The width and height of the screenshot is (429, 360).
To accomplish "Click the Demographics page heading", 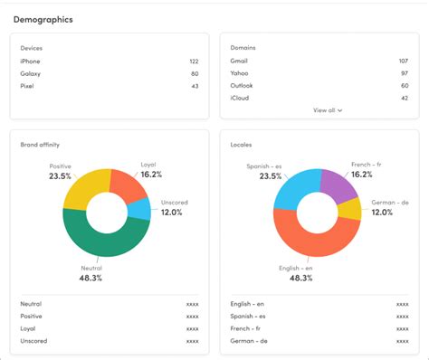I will click(43, 19).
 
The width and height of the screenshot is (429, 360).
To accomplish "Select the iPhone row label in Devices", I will click(30, 62).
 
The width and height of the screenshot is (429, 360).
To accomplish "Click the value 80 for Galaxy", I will click(194, 74).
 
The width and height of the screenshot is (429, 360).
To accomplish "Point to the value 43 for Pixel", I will click(194, 86).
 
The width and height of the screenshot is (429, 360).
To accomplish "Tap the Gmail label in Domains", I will click(239, 62).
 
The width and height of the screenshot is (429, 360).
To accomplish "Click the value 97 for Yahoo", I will click(404, 74).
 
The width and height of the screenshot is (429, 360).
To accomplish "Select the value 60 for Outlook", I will click(404, 86).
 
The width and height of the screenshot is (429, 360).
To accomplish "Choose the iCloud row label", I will click(241, 98).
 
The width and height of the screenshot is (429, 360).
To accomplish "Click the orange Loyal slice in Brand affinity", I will click(128, 186).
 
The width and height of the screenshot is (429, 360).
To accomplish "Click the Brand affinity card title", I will click(40, 144).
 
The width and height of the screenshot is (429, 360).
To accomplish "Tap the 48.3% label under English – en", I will click(301, 279).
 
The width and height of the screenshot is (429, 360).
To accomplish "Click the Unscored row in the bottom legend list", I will click(33, 340).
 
